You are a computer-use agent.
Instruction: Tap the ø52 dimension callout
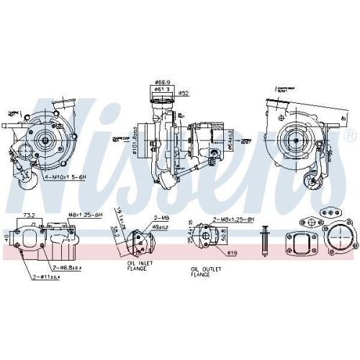tap(184, 93)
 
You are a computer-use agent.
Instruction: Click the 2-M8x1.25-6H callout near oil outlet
tap(233, 220)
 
